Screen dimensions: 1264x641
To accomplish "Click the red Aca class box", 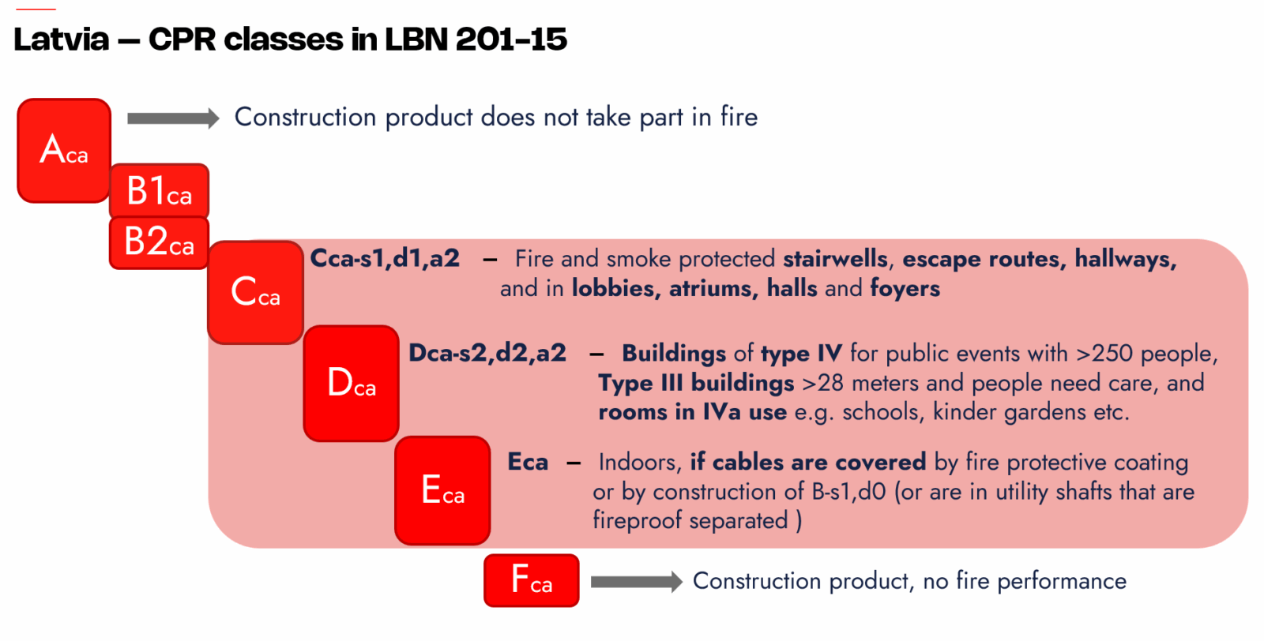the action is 64,151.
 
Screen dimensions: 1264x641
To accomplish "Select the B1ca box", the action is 159,190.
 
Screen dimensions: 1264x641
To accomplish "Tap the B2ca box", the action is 159,242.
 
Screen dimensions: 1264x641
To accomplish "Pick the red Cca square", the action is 256,293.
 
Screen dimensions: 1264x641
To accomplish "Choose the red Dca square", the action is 351,384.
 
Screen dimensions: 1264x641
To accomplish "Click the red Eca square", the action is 442,490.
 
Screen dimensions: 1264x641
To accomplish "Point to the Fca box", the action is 532,581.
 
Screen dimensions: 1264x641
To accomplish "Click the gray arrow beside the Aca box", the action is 173,118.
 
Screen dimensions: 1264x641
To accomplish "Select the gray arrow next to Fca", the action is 637,582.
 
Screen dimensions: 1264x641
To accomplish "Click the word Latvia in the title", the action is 61,39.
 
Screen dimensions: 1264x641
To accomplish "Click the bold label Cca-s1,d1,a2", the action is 385,259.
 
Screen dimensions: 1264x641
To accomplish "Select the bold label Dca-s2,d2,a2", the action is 487,354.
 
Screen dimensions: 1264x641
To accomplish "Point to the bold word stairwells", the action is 836,259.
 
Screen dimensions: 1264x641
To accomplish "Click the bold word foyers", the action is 905,289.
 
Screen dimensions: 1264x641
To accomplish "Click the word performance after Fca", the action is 1062,582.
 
